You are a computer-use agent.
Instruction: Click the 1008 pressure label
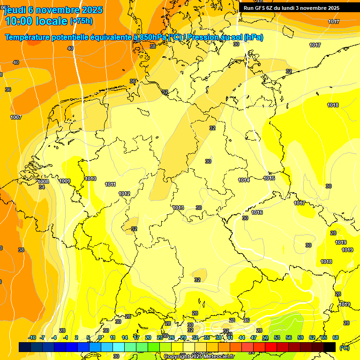pos(44,181)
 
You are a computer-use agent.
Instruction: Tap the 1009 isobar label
pos(65,181)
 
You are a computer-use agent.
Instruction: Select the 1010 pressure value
pos(90,179)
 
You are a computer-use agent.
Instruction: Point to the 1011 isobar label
pos(110,184)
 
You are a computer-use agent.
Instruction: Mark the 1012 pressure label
pos(124,194)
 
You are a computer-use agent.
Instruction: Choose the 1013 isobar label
pos(178,208)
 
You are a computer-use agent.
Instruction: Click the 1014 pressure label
pos(244,180)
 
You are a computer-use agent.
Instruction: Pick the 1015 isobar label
pos(269,178)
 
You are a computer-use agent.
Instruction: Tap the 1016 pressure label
pos(257,212)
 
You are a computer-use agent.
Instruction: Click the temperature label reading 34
pos(42,187)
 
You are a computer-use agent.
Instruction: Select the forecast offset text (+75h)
pos(81,21)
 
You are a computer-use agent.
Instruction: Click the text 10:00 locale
pos(36,21)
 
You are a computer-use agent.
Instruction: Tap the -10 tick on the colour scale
pos(32,337)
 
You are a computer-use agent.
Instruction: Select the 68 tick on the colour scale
pos(336,337)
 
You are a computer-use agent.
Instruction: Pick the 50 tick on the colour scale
pos(265,337)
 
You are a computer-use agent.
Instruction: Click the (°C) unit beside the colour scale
pos(345,347)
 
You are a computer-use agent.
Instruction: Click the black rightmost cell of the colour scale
pos(330,347)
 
